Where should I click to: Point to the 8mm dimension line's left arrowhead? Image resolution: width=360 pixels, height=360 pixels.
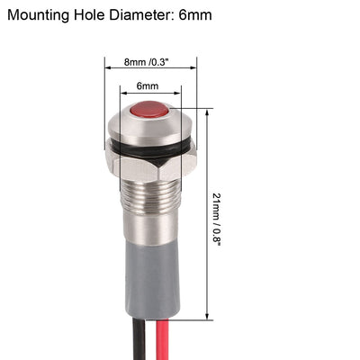[99, 71]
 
